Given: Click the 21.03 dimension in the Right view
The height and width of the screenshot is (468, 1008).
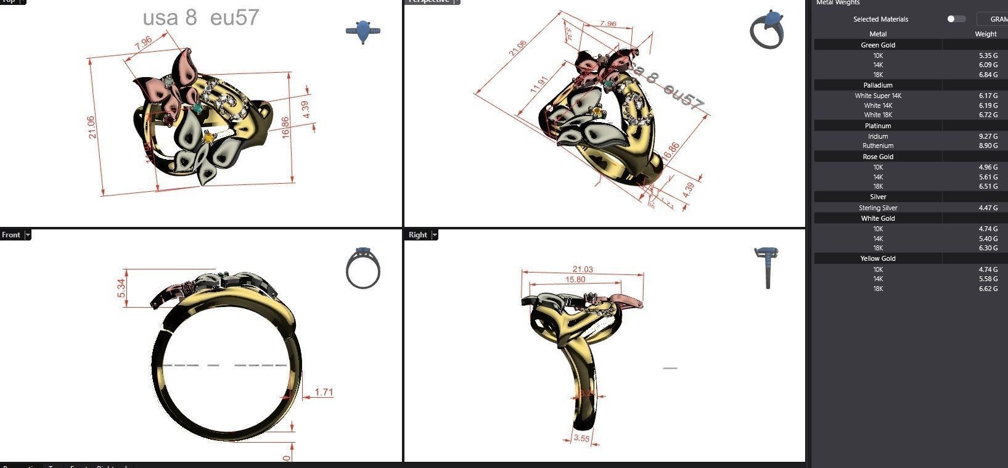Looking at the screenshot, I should [x=583, y=269].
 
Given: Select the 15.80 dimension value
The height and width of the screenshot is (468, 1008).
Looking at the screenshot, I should [x=575, y=280].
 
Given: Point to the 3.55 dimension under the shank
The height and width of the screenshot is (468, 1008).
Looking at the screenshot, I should [x=581, y=438].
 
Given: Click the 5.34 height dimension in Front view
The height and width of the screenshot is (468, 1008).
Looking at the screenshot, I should [x=121, y=288].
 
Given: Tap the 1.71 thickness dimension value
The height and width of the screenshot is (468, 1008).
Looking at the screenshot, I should [x=324, y=392].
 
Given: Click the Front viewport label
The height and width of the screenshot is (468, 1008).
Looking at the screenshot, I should [x=11, y=235].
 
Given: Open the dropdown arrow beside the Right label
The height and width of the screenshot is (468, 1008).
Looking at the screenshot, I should [x=435, y=235].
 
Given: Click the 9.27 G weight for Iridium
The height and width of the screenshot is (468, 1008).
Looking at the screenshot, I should [x=988, y=136].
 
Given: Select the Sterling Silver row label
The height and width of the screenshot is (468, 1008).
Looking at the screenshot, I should [x=878, y=208].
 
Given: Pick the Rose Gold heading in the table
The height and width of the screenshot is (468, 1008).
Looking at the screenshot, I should [x=878, y=157].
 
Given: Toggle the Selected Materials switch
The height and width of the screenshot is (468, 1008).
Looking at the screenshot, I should [x=956, y=19].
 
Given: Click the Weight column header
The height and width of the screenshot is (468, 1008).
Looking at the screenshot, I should [x=985, y=34].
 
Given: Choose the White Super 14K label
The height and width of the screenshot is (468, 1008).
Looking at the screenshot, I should [x=878, y=96].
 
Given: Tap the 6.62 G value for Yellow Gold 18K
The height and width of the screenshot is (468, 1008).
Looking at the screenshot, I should [x=988, y=289].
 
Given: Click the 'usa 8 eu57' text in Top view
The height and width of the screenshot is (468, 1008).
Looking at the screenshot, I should [x=201, y=18].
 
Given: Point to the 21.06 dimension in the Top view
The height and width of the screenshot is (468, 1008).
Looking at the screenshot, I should [x=91, y=127].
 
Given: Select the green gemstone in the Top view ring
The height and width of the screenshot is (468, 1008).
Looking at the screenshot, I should [x=198, y=108].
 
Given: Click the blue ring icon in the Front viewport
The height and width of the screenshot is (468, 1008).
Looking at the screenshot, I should [x=363, y=269].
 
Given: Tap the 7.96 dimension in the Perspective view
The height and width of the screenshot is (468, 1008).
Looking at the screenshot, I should [x=607, y=24].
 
